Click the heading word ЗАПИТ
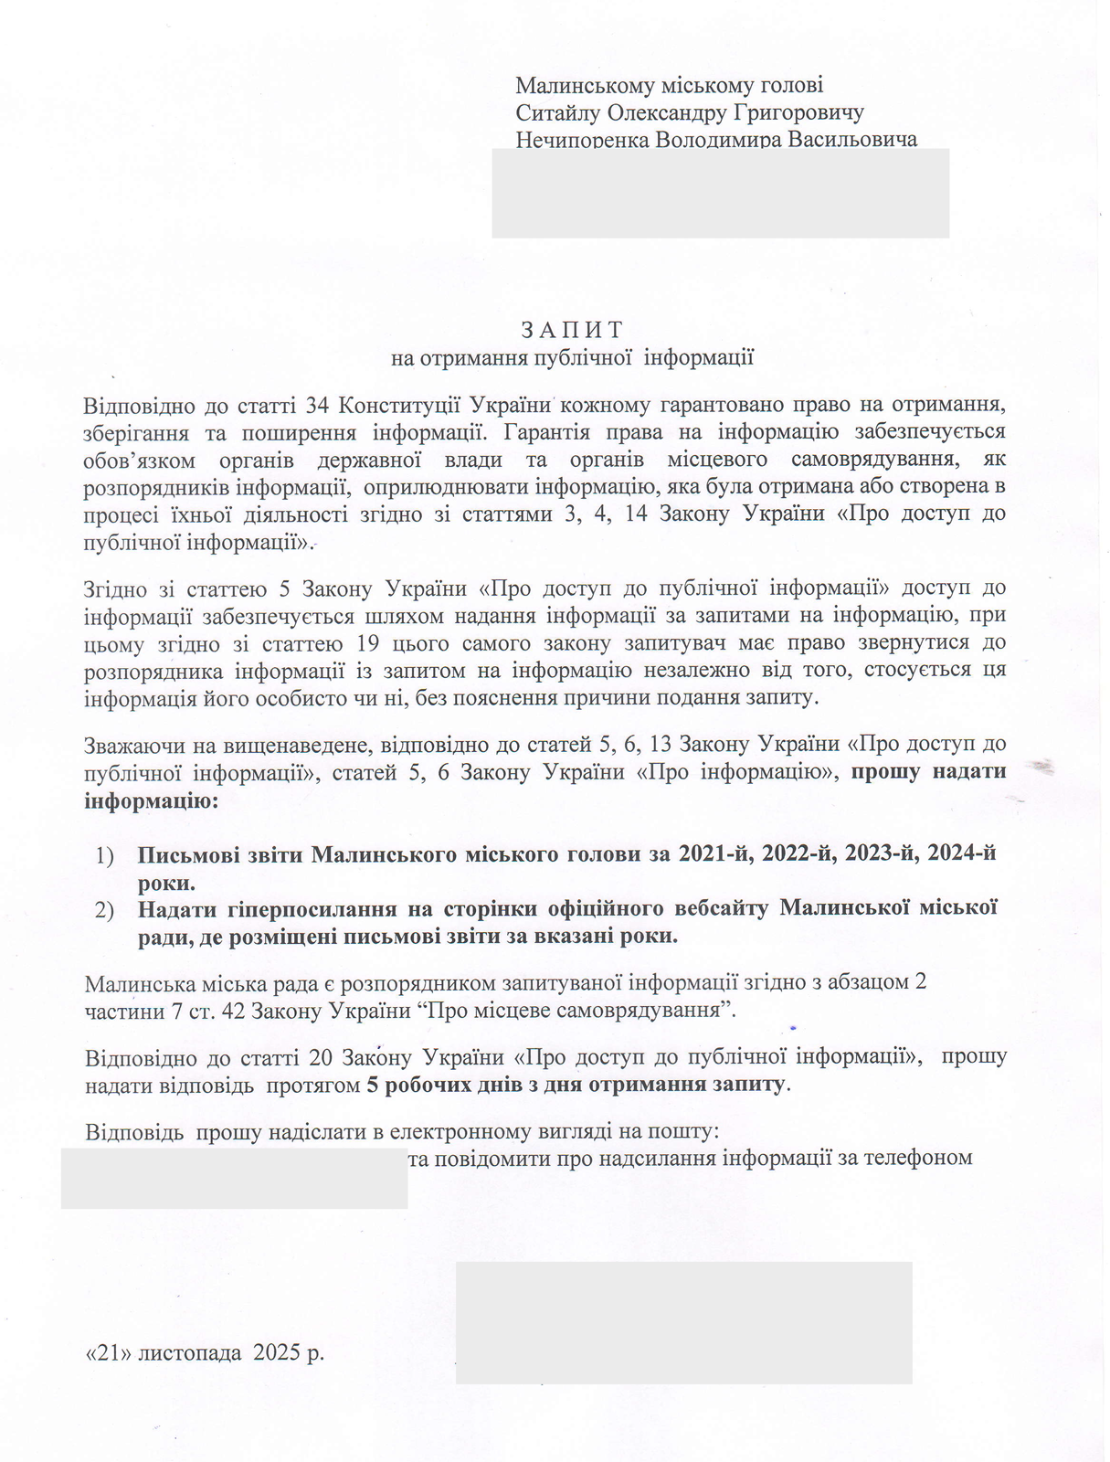[x=572, y=329]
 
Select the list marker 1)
[x=104, y=855]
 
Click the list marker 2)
[x=104, y=910]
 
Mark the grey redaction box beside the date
[x=683, y=1322]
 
